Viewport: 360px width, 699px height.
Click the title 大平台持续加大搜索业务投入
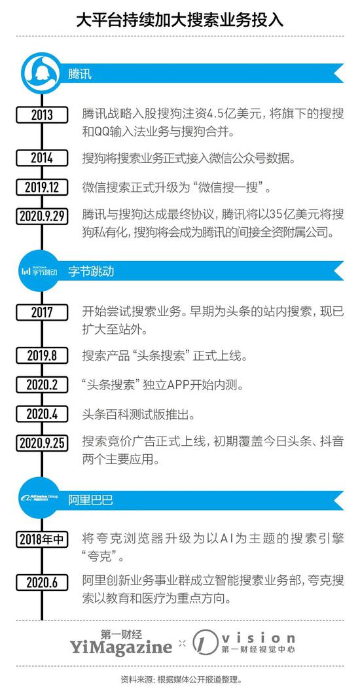[180, 19]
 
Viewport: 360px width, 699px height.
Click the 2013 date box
[42, 115]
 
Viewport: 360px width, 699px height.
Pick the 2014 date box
[42, 158]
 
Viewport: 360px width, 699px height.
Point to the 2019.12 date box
[42, 187]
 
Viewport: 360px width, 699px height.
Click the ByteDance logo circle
[42, 271]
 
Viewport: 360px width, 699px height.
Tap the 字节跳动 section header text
[91, 271]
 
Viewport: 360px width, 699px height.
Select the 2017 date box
[42, 312]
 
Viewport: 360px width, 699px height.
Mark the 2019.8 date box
[42, 356]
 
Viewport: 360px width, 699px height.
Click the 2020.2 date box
[42, 385]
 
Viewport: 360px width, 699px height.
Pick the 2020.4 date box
[42, 414]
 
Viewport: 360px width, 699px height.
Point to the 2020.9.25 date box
[42, 443]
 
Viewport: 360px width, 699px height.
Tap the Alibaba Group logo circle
[42, 499]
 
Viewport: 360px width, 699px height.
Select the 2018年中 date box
[42, 540]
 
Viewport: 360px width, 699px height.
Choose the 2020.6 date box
[42, 582]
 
